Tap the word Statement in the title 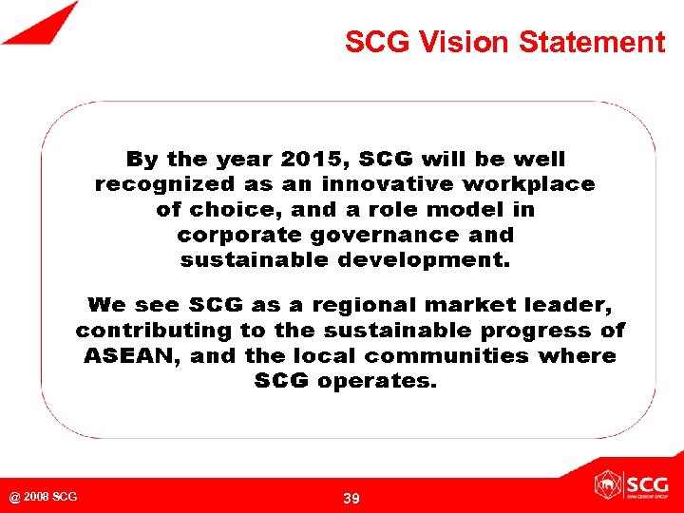click(593, 43)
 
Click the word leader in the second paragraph click(573, 305)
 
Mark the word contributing click(154, 331)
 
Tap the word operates click(377, 381)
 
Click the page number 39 click(351, 499)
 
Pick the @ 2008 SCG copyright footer click(44, 497)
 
